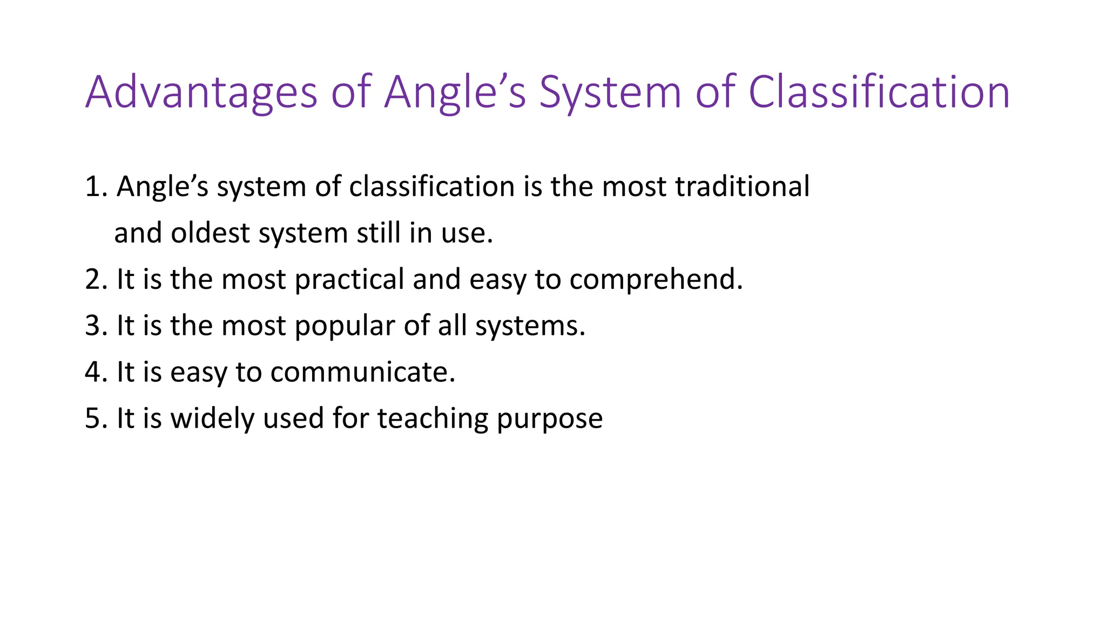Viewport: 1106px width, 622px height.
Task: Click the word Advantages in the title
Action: tap(201, 92)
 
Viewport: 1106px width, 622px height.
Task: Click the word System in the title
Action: tap(610, 92)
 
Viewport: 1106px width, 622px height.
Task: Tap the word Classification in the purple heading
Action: tap(879, 92)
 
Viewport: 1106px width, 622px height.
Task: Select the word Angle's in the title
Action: tap(455, 92)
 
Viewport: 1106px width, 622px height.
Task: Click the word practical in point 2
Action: tap(349, 280)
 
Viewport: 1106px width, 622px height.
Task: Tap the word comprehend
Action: tap(656, 280)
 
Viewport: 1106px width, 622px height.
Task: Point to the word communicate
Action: tap(362, 373)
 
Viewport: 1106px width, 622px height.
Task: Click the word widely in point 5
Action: tap(212, 419)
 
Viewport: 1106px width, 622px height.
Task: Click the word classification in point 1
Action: tap(431, 187)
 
